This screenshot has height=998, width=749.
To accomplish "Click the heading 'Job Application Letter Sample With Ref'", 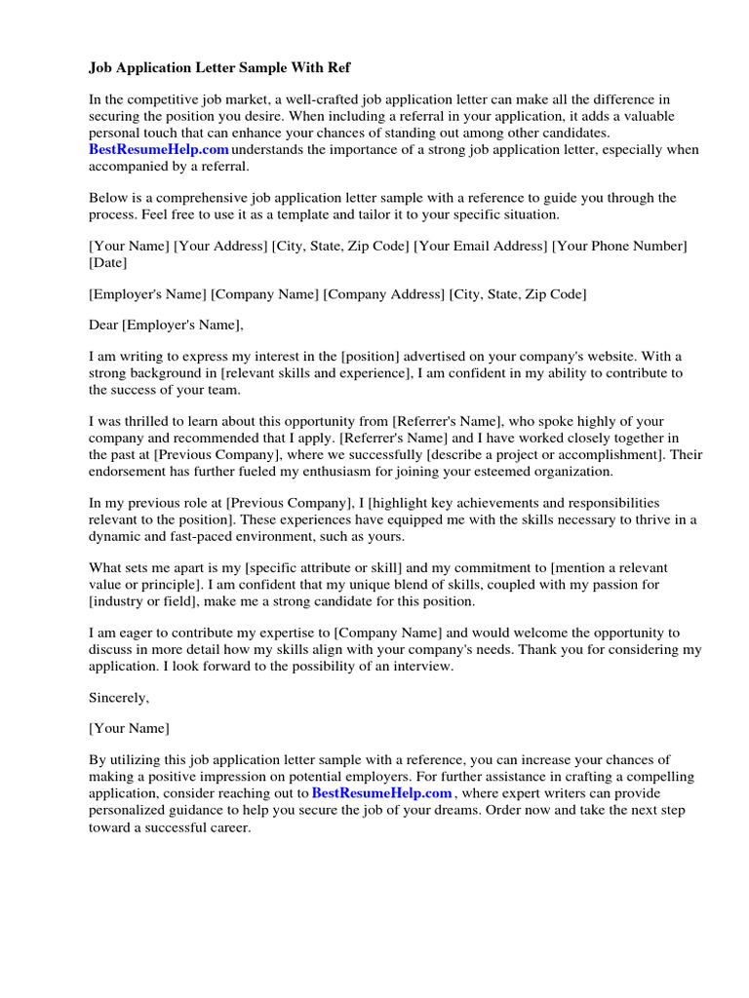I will (219, 68).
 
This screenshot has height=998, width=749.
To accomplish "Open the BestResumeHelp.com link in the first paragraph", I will (159, 149).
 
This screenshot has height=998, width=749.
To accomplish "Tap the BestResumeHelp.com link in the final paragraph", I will (381, 793).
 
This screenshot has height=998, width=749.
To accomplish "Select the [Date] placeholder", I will (107, 263).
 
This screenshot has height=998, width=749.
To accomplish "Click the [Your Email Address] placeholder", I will (480, 247).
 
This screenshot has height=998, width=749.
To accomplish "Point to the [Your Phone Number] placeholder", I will (619, 247).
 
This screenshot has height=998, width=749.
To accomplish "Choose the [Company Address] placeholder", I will (383, 293).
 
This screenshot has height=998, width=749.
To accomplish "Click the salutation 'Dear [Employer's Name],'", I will (166, 326).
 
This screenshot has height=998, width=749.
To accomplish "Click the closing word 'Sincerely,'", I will (119, 697).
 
